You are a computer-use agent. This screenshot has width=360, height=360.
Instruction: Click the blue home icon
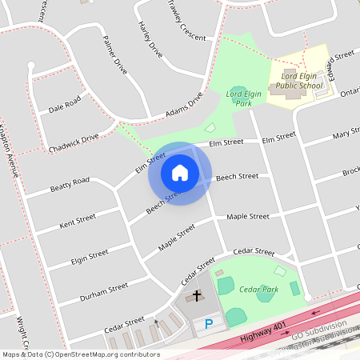coord(180,172)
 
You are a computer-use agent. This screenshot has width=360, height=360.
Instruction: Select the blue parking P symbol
coord(209,324)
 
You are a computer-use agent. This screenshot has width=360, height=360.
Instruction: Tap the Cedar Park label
coord(258,289)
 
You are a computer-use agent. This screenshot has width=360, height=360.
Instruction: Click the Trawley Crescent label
coord(187,23)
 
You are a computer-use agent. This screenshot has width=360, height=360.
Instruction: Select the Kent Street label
coord(78,221)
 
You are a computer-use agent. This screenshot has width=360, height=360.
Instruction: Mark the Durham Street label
coord(104,292)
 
